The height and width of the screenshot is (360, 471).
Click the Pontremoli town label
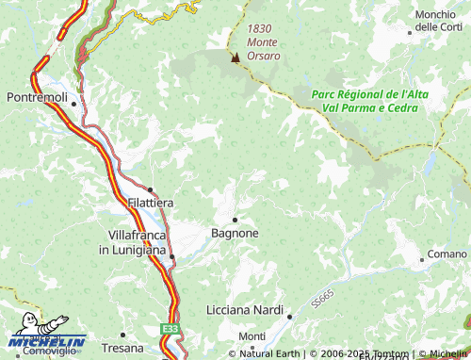click(37, 97)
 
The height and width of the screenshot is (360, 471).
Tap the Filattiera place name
click(150, 203)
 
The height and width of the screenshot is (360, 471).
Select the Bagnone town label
click(235, 232)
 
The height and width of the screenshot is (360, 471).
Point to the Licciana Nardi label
click(244, 309)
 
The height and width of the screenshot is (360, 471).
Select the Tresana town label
click(122, 336)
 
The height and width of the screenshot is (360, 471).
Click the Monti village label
click(252, 336)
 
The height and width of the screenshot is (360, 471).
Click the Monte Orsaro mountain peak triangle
click(235, 57)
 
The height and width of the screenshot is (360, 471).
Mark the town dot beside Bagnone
click(235, 219)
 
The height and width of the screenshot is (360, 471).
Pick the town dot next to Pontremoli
click(73, 97)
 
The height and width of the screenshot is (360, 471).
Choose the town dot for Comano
click(421, 258)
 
